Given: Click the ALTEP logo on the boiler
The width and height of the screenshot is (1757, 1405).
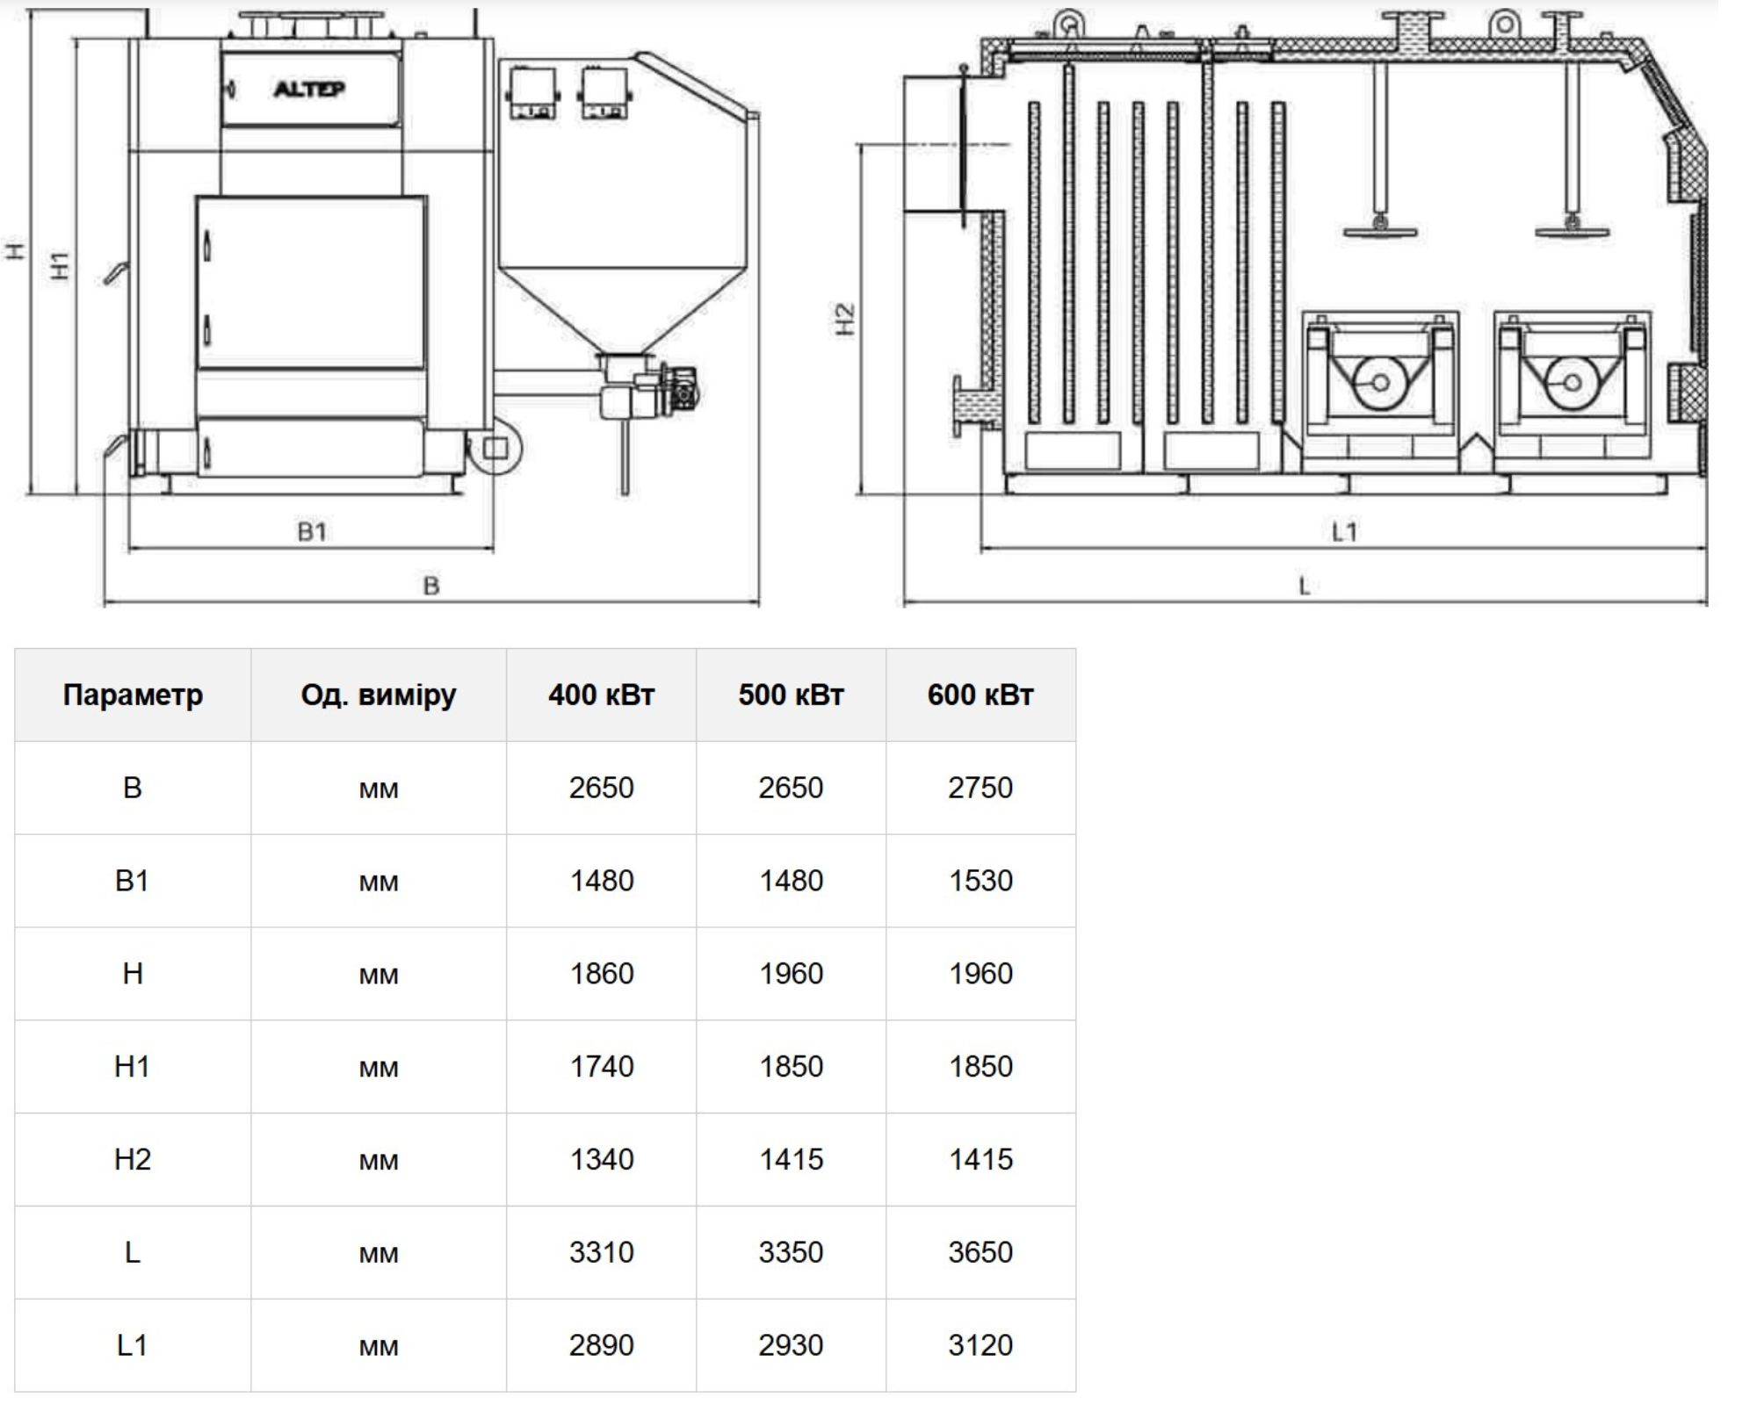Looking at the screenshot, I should [x=309, y=89].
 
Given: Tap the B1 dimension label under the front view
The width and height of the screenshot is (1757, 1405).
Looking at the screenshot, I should [x=312, y=531].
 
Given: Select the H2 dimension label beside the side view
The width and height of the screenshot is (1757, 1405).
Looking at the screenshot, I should [x=844, y=320].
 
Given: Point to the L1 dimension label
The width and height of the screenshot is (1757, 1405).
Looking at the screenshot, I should [x=1344, y=531].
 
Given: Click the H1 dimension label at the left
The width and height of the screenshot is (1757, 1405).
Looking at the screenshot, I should [x=60, y=265].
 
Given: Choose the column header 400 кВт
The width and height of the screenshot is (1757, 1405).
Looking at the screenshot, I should [x=601, y=695].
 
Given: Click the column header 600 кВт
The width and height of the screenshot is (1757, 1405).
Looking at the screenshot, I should [x=980, y=695].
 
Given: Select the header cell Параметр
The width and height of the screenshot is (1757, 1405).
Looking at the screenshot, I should [x=133, y=695].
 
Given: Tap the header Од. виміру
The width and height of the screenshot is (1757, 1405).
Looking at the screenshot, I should [x=379, y=695].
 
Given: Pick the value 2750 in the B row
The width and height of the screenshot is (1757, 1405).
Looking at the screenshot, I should [x=980, y=788].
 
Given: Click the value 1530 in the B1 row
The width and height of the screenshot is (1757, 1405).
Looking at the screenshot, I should [x=980, y=881].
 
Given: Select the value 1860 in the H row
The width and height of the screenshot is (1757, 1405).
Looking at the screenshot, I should [x=601, y=974].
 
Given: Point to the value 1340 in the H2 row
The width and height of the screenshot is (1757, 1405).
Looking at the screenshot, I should [x=601, y=1159].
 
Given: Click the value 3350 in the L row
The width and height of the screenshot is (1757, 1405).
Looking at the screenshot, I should [x=791, y=1252].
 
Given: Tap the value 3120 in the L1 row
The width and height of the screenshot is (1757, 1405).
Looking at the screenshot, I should [x=980, y=1345].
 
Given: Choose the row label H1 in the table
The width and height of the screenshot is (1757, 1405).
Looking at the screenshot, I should [x=133, y=1066].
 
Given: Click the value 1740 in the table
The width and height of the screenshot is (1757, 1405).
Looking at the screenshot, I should [x=601, y=1066].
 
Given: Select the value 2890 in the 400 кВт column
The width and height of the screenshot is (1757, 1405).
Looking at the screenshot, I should [x=601, y=1345].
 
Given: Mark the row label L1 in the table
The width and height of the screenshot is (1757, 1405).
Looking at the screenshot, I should [x=133, y=1345].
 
